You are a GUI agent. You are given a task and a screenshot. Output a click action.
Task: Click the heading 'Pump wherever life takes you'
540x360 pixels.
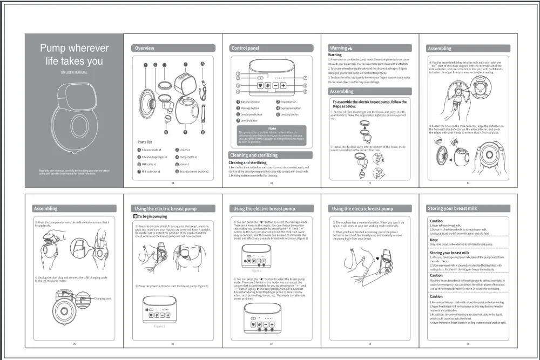[x=75, y=55]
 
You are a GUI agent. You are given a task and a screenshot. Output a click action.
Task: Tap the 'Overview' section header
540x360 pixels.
[x=145, y=48]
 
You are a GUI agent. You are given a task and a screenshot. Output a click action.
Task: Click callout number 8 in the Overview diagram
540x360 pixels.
[x=202, y=132]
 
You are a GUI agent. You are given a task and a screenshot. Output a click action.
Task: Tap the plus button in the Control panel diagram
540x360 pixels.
[x=282, y=85]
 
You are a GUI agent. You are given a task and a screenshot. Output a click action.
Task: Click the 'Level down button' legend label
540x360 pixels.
[x=251, y=114]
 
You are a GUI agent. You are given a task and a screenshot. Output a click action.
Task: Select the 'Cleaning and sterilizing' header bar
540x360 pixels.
[x=254, y=155]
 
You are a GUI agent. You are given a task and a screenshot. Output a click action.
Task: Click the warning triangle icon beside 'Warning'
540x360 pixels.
[x=350, y=48]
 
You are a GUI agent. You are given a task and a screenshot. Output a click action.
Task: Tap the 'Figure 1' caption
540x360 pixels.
[x=160, y=327]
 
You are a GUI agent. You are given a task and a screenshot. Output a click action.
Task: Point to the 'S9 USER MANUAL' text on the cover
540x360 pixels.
[x=75, y=72]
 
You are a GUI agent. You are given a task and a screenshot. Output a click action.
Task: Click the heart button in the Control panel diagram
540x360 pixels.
[x=260, y=85]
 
